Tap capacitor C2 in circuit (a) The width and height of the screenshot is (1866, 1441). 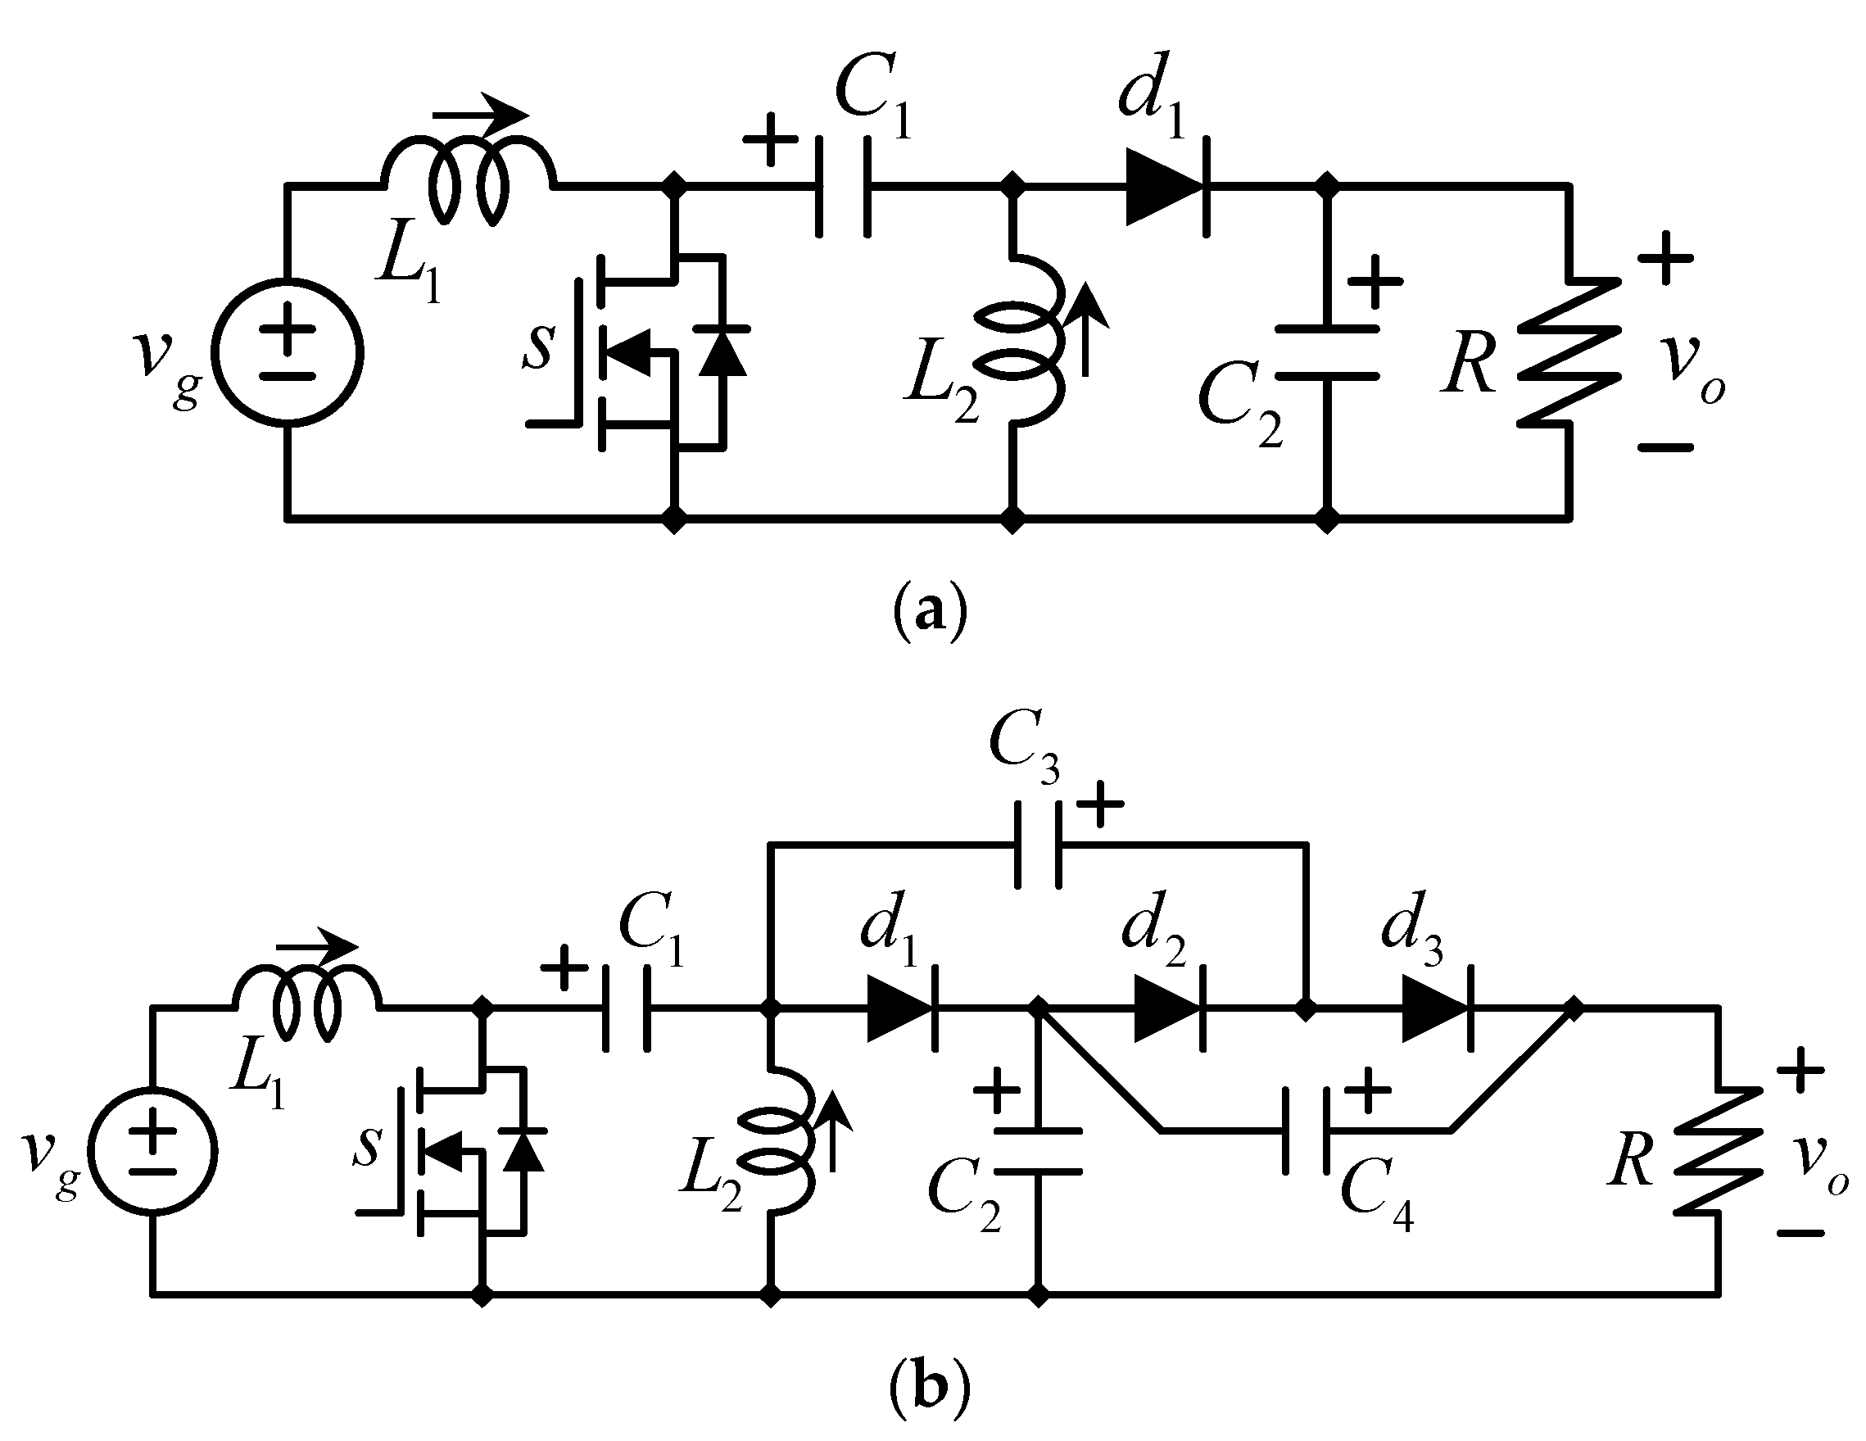pyautogui.click(x=1327, y=352)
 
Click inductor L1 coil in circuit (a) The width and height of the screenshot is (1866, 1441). pyautogui.click(x=469, y=184)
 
